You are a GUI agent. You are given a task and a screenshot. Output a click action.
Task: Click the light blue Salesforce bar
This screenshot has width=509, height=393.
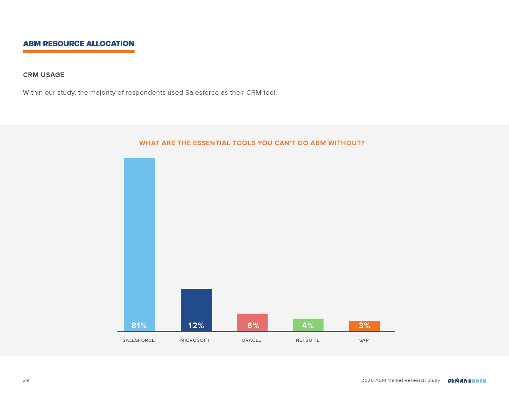(x=139, y=244)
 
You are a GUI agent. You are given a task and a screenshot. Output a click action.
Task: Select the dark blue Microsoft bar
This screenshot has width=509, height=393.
(x=196, y=310)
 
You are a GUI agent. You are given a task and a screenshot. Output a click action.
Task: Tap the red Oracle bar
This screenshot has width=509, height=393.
(x=252, y=322)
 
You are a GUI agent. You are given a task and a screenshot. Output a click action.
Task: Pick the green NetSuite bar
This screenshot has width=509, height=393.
(x=308, y=325)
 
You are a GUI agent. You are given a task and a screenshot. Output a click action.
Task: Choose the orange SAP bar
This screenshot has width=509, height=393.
(x=364, y=326)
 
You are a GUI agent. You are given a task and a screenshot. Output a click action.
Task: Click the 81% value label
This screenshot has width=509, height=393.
(x=139, y=325)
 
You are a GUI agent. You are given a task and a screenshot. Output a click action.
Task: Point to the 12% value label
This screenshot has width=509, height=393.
(x=196, y=325)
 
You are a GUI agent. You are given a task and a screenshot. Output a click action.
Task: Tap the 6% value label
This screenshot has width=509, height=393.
(x=253, y=325)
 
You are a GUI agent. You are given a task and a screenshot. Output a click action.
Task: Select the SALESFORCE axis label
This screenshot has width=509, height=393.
(x=139, y=340)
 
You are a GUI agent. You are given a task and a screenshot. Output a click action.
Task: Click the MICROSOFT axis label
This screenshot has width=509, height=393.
(x=195, y=340)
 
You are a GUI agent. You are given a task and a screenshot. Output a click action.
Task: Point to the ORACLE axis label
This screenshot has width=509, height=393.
(x=251, y=340)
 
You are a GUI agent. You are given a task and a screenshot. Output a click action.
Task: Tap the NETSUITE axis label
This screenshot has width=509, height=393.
(x=308, y=340)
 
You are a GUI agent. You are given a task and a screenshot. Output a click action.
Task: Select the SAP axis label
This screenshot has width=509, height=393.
(x=364, y=340)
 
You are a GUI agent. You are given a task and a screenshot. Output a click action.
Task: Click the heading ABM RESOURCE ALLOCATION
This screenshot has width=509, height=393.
(x=78, y=44)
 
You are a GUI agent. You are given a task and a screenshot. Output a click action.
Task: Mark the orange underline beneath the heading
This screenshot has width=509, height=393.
(x=78, y=52)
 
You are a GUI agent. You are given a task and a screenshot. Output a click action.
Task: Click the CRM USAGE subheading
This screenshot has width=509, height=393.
(x=44, y=75)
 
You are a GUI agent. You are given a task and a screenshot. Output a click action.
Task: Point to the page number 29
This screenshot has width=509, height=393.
(x=26, y=380)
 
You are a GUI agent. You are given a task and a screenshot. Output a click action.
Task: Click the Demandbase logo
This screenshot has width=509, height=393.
(x=467, y=380)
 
